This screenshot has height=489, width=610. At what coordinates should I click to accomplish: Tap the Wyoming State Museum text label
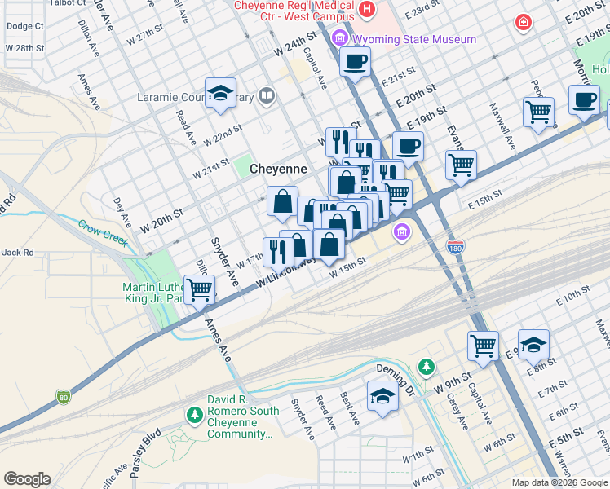tap(415, 39)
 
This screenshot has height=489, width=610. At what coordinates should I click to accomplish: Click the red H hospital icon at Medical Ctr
tap(367, 10)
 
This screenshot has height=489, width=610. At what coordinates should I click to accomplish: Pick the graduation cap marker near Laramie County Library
tap(220, 93)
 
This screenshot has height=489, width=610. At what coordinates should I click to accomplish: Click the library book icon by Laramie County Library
tap(266, 98)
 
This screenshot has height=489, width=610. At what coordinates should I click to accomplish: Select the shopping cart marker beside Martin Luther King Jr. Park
tap(199, 289)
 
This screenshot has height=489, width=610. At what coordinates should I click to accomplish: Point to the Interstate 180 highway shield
tap(455, 246)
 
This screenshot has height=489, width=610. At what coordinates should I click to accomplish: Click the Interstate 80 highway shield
tap(64, 397)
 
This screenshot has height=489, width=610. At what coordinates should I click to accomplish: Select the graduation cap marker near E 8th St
tap(533, 345)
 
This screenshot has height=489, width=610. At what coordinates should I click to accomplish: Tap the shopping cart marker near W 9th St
tap(483, 345)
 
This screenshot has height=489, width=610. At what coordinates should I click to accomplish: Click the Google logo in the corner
tap(27, 479)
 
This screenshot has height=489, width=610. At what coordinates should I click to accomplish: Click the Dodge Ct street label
tap(24, 26)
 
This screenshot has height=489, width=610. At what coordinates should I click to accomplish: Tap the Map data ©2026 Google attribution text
tap(559, 482)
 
